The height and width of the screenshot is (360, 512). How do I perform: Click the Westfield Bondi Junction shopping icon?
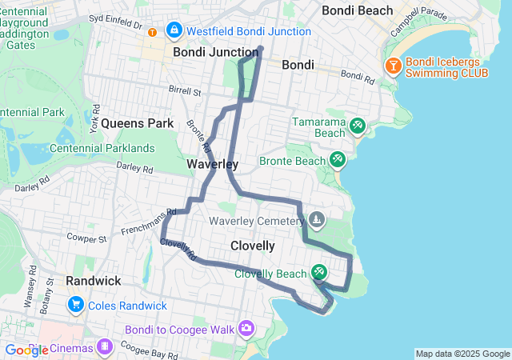[173, 30]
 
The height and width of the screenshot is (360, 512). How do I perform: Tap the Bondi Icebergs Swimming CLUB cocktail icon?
[393, 66]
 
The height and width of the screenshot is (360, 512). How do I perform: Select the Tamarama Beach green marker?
[357, 126]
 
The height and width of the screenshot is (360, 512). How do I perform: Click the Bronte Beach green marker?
[337, 161]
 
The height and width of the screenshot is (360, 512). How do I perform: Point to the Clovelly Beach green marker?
[319, 274]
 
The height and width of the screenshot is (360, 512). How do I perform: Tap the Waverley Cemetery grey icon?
[317, 219]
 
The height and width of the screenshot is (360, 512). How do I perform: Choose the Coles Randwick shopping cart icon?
[77, 305]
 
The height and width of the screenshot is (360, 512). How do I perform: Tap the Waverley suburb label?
[212, 164]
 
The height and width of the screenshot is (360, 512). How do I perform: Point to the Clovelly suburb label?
[252, 246]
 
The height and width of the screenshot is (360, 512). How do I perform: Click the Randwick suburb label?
[93, 281]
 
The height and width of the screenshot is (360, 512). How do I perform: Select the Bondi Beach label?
[357, 10]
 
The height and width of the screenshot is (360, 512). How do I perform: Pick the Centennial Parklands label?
[102, 148]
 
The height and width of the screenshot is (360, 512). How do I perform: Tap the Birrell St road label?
[185, 91]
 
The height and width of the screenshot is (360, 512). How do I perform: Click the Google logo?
[26, 350]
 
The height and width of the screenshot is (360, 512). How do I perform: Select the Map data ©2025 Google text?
[462, 354]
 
